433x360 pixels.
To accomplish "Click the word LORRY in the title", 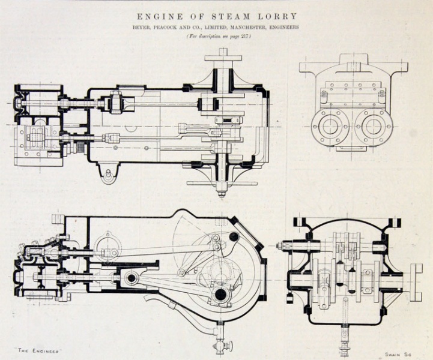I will coord(277,16).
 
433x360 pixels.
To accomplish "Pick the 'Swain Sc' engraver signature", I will coord(398,354).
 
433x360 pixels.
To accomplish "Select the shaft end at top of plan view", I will coord(223,54).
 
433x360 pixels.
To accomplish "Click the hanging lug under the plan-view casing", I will coord(109,175).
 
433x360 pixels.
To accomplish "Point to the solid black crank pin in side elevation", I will coord(220,295).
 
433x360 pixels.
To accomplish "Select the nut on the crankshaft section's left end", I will coord(282,245).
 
